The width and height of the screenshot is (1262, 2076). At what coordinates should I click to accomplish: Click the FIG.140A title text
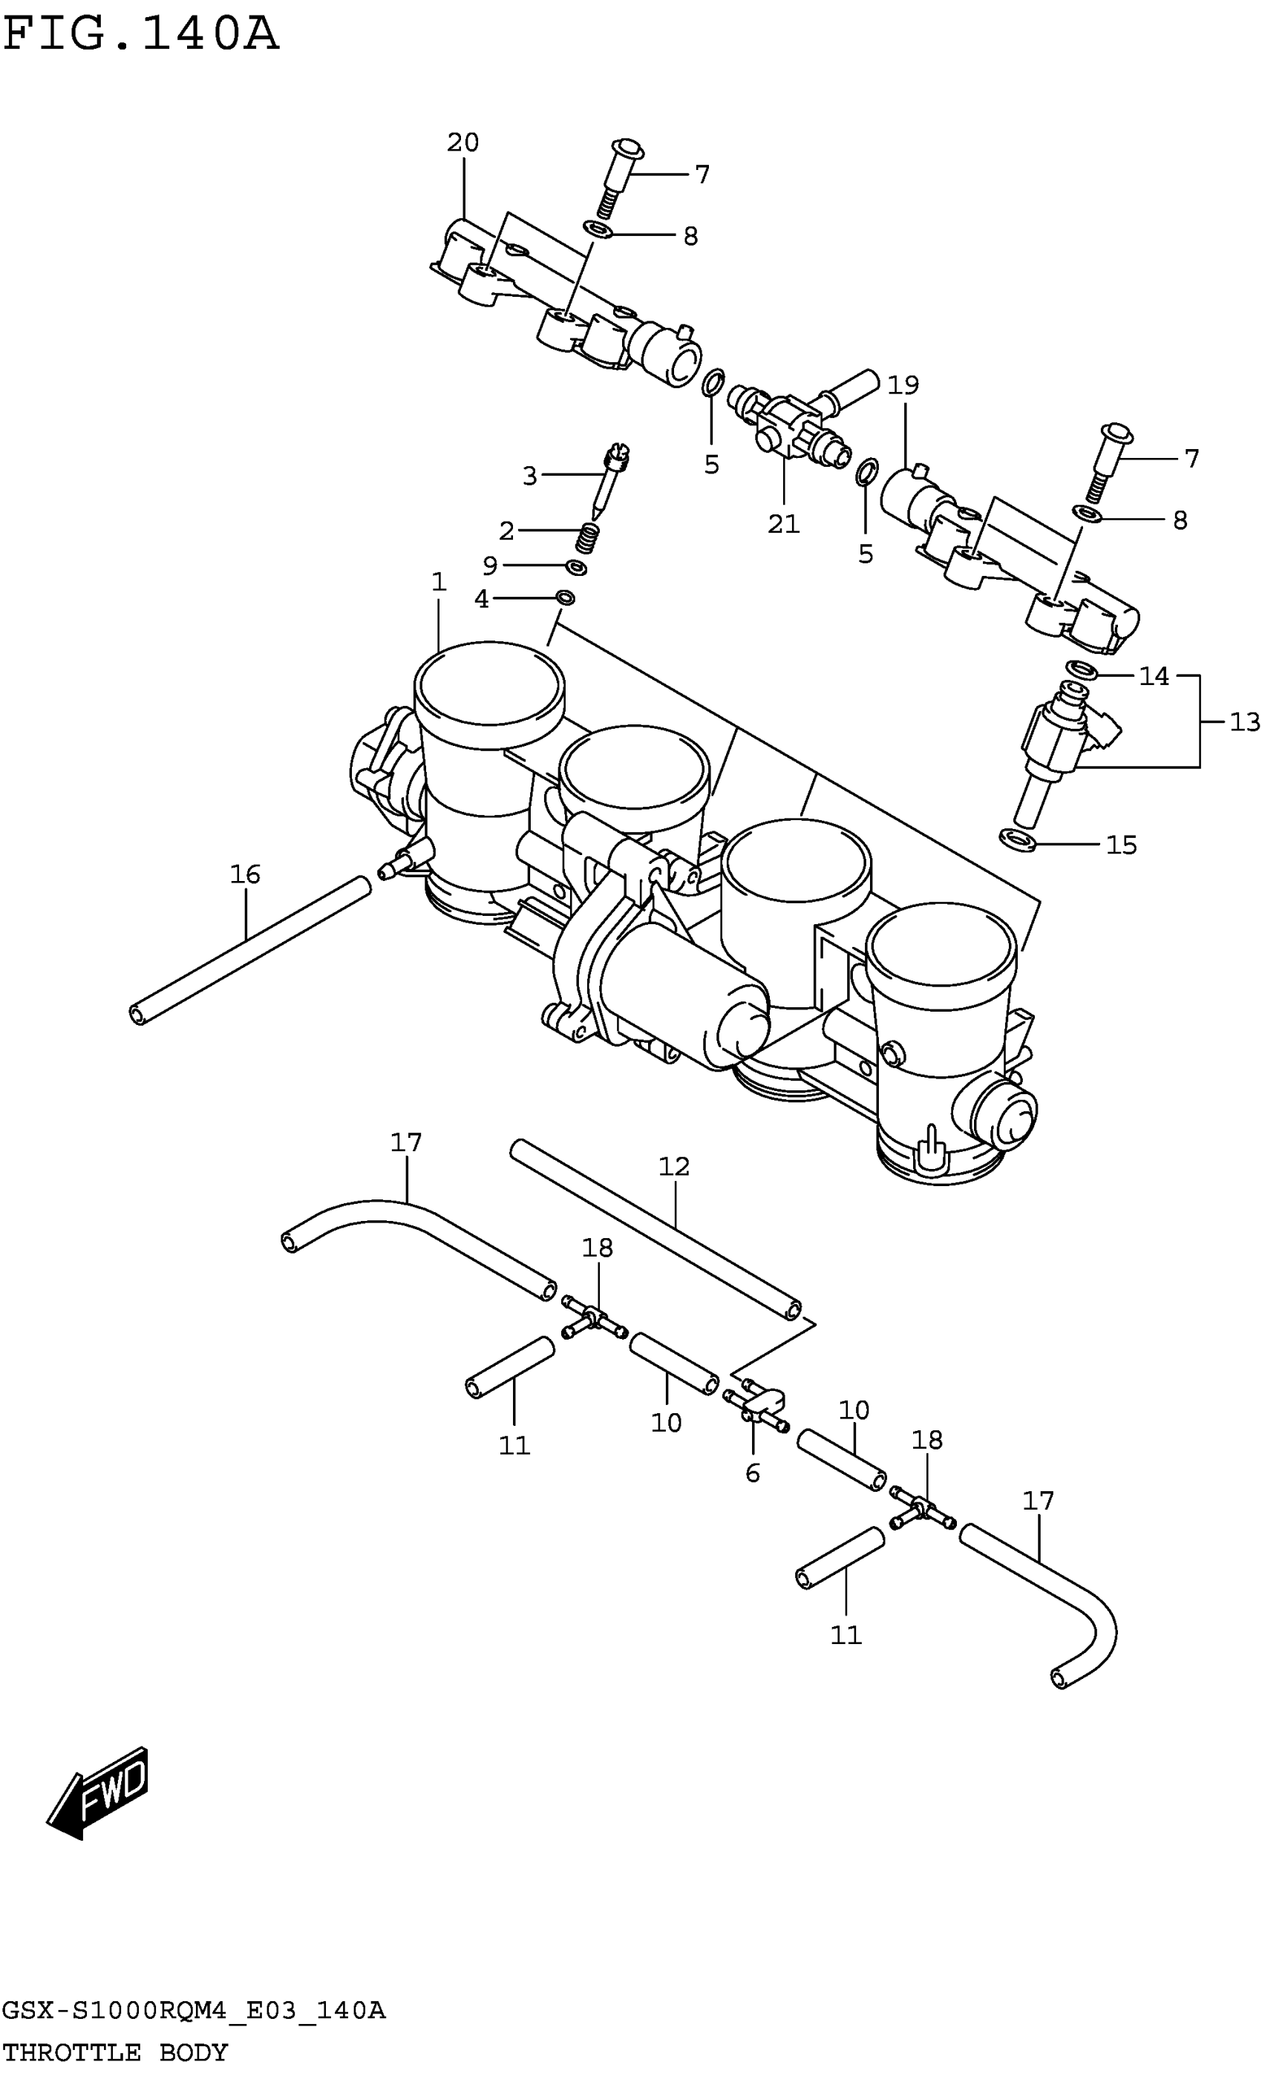[x=141, y=35]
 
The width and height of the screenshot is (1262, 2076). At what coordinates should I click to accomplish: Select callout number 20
[x=462, y=143]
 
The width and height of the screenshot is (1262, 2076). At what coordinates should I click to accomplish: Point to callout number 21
[x=782, y=524]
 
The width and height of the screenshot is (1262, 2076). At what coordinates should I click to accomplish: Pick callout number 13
[x=1243, y=721]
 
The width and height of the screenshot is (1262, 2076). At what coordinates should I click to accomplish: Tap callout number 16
[x=245, y=874]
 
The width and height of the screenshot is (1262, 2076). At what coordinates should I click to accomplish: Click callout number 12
[x=674, y=1166]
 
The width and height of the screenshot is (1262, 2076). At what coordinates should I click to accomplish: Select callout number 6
[x=752, y=1472]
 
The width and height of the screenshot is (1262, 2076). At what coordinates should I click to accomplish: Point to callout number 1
[x=438, y=581]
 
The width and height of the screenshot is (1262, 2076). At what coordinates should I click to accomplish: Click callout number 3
[x=529, y=476]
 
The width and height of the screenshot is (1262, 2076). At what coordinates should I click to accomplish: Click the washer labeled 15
[x=1018, y=839]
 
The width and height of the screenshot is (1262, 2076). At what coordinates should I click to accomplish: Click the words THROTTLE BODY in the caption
[x=115, y=2052]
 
